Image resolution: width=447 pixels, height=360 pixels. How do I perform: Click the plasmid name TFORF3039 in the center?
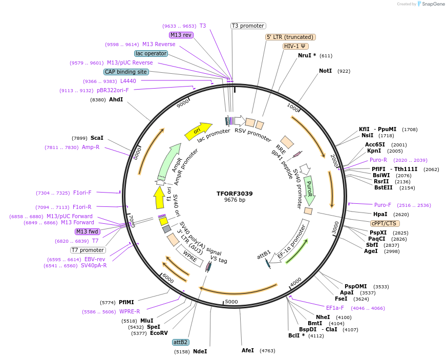coord(235,194)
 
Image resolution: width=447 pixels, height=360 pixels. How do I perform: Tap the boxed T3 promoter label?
coord(248,26)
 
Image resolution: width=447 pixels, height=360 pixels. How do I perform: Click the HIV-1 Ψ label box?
coord(295,46)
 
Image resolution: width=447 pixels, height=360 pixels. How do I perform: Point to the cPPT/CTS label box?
coord(385,223)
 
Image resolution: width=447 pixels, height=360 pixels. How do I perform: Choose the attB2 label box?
coord(181,342)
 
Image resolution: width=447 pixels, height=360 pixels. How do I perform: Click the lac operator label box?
coord(151,53)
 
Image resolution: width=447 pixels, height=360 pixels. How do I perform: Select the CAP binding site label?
coord(126,72)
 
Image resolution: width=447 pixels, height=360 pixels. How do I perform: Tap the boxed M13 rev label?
coord(181,35)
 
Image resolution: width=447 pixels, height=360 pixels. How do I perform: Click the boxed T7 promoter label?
coord(88,250)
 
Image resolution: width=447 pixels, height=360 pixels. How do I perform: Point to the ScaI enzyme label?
coord(97,138)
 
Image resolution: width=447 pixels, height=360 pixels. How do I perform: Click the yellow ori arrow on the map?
coord(198,131)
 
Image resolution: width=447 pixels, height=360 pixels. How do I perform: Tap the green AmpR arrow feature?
coord(169,160)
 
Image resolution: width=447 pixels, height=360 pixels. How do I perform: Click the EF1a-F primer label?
coord(335,308)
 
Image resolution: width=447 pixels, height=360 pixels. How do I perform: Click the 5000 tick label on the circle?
coord(231,302)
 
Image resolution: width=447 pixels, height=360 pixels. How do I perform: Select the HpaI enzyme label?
coord(380,214)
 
